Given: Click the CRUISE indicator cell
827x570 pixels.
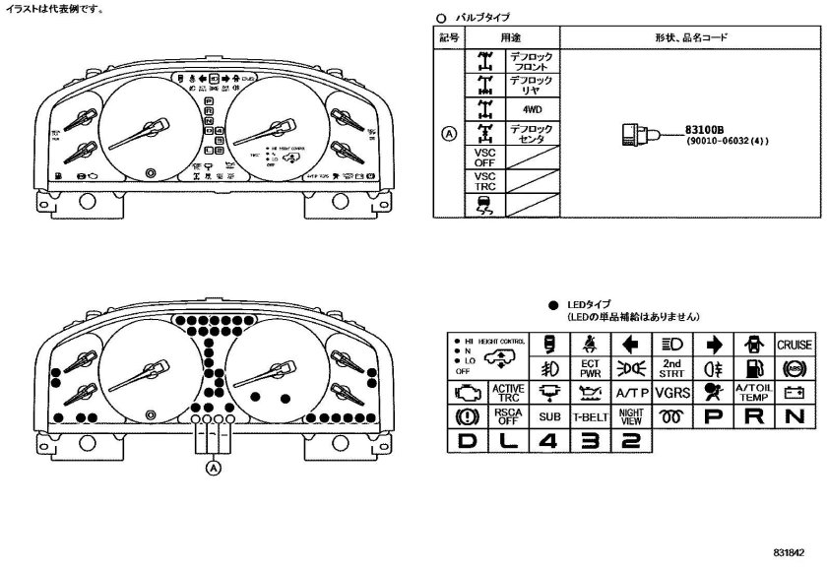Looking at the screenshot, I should [x=795, y=346].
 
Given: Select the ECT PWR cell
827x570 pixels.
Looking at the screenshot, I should [x=591, y=368].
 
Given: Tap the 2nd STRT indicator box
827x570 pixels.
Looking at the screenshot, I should [x=672, y=368].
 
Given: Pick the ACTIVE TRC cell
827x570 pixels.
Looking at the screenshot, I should [x=508, y=392].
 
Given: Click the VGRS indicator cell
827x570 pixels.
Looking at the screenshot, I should [x=672, y=392].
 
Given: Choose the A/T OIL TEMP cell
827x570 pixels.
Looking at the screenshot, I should [x=753, y=392].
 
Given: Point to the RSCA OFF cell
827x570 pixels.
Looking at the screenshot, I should [x=508, y=415].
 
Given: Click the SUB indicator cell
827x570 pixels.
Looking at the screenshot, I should [x=549, y=415].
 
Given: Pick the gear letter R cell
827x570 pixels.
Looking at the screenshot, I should [x=753, y=415].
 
